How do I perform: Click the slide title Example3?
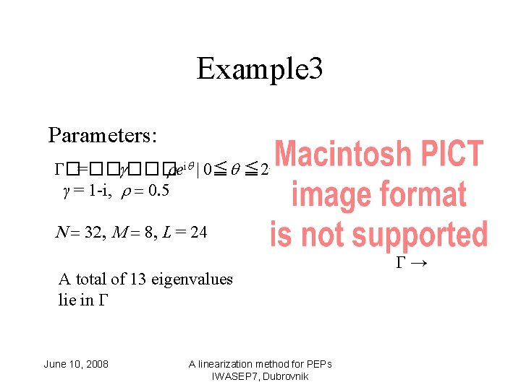pyautogui.click(x=259, y=69)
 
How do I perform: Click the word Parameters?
pyautogui.click(x=103, y=135)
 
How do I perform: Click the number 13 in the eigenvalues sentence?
pyautogui.click(x=139, y=279)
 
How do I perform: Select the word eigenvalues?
pyautogui.click(x=192, y=279)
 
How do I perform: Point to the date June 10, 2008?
pyautogui.click(x=76, y=364)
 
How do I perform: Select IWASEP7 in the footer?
pyautogui.click(x=234, y=377)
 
